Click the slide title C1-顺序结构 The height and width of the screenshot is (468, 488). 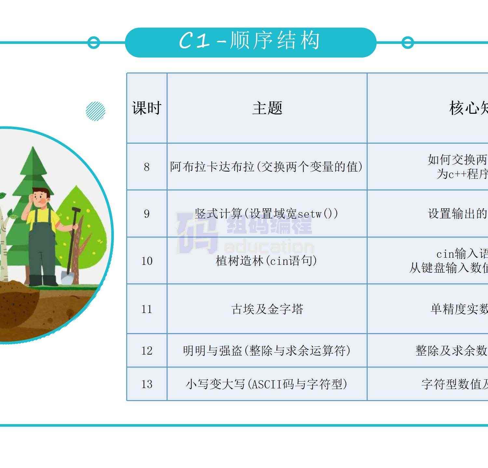pos(250,42)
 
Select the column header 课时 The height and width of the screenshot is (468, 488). pos(147,108)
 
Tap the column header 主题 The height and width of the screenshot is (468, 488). pos(267,108)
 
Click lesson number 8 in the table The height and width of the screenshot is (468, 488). pos(147,167)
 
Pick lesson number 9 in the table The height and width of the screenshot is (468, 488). pos(147,214)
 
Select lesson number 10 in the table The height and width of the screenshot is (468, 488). pos(147,261)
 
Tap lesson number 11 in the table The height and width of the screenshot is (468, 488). pos(147,309)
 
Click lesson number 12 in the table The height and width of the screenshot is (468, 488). pos(147,351)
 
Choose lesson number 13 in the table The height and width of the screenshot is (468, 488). pos(147,384)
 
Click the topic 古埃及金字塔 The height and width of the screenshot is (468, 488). pos(267,309)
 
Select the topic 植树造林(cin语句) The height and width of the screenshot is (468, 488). pos(266,261)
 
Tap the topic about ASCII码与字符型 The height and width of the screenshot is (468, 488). pos(266,384)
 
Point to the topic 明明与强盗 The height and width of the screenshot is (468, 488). pos(266,351)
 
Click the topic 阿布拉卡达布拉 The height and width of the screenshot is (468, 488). pos(266,167)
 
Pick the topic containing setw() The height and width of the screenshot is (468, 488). pos(266,214)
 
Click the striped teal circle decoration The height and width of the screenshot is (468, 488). pos(96,111)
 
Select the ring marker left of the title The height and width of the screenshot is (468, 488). pos(94,43)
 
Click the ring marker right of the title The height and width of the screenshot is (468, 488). pos(407,43)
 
